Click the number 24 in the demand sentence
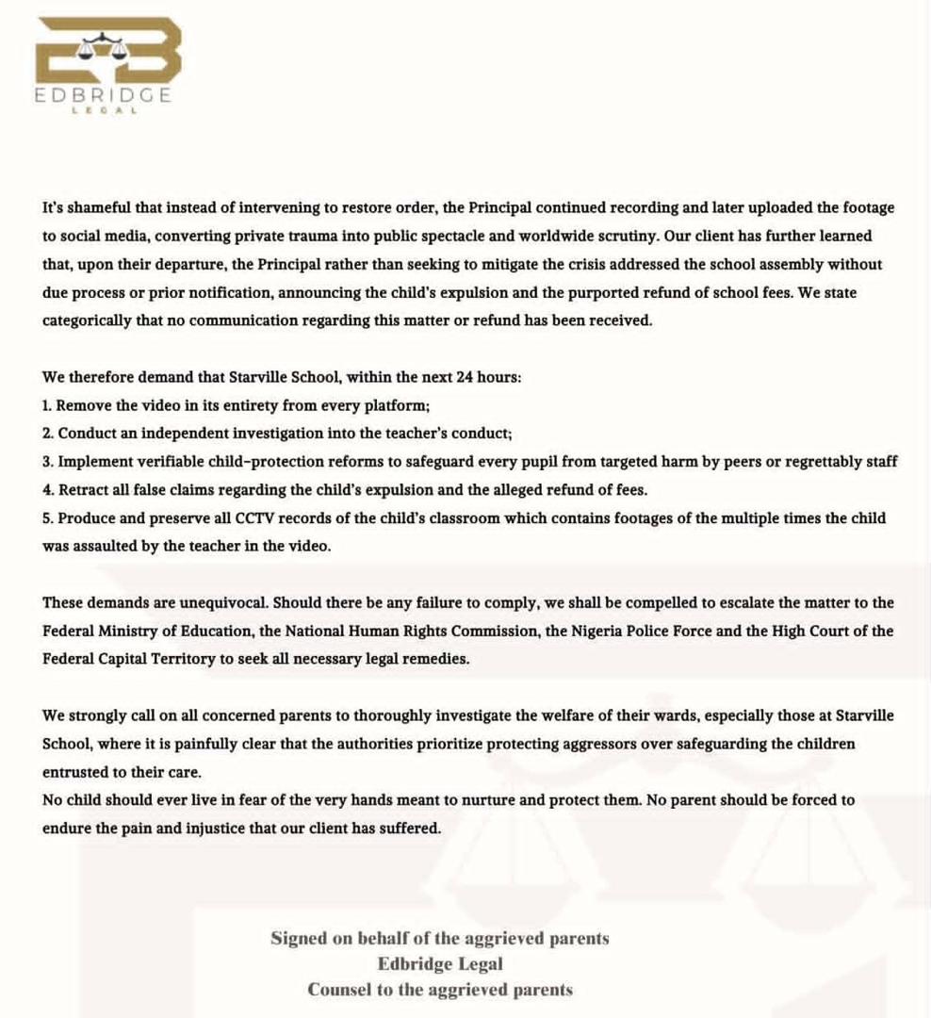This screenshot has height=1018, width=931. tap(464, 377)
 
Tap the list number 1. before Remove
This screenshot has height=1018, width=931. tap(48, 405)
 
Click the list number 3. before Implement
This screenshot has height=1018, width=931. tap(48, 462)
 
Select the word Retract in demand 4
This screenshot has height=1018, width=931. tap(82, 490)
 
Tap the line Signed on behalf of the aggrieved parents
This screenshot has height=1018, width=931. tap(439, 939)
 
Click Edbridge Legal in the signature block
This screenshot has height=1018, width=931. tap(439, 964)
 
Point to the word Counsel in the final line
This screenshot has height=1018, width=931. tap(337, 990)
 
